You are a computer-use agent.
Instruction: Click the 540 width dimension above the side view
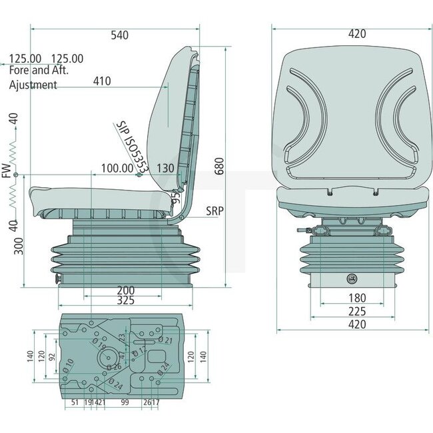point(119,35)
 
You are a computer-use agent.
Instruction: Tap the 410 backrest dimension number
point(102,81)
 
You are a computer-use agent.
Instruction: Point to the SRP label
point(215,211)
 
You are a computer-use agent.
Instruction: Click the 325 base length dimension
point(126,301)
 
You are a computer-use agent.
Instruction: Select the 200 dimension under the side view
point(126,290)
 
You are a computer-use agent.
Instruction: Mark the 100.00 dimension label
point(117,169)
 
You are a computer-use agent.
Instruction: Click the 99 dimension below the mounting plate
point(125,402)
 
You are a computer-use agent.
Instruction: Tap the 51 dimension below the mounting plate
point(75,402)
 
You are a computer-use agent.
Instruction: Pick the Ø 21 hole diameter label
point(167,340)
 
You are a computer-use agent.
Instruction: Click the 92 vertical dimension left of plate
point(52,356)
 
